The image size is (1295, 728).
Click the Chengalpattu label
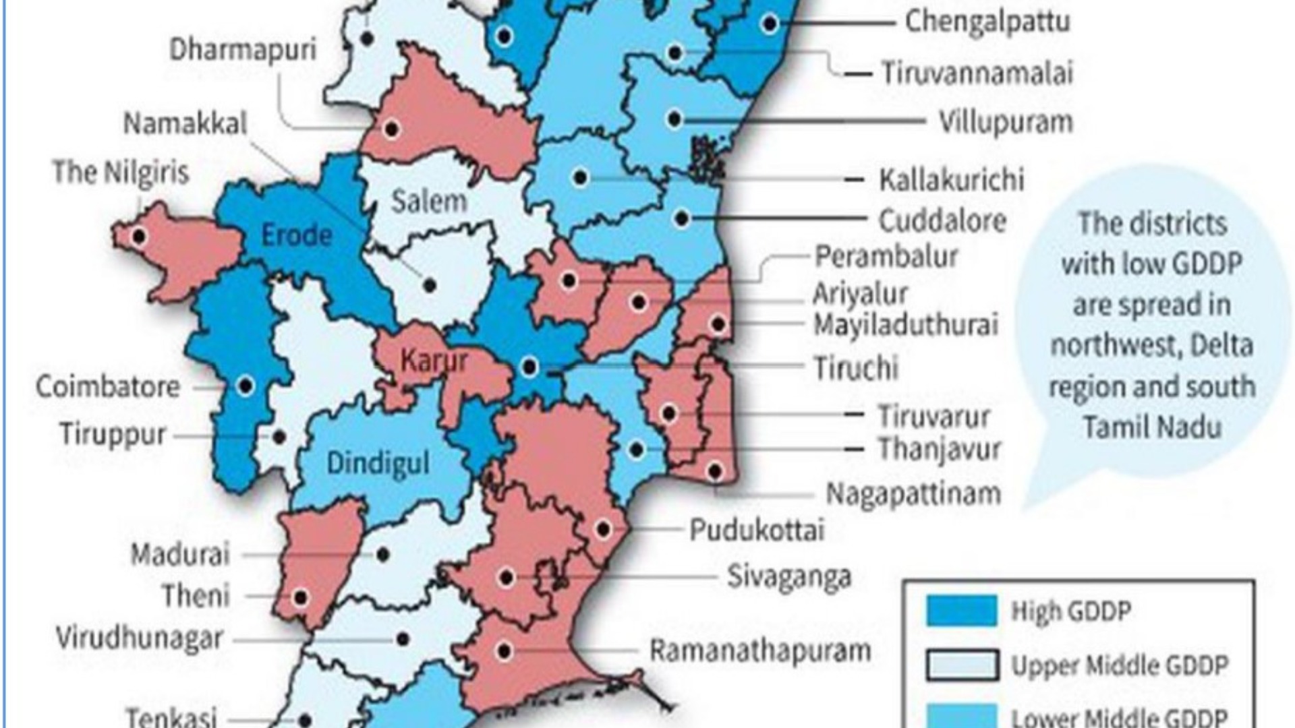coord(987,22)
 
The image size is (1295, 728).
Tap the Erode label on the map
coord(297,235)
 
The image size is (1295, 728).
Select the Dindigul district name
coord(378,463)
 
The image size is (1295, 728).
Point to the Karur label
coord(434,361)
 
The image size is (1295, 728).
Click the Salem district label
coord(429,202)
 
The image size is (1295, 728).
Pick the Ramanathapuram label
coord(760,651)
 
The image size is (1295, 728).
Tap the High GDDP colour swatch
coord(962,611)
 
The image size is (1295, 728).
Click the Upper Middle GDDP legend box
coord(962,665)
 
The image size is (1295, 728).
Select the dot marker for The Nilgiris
coord(139,237)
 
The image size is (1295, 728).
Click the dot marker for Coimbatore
coord(246,386)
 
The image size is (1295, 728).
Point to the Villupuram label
coord(1006,122)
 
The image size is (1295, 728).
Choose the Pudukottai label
coord(757,530)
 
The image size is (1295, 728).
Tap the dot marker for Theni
coord(301,597)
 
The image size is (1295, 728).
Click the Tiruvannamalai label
coord(977,73)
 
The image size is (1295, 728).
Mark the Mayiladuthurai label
coord(905,325)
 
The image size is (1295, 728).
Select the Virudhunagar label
coord(139,638)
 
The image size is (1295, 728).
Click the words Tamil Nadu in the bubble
coord(1152,427)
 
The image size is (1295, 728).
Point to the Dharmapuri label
coord(243,49)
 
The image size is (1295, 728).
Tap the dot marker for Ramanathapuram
coord(505,651)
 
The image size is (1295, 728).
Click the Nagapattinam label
coord(913,494)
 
